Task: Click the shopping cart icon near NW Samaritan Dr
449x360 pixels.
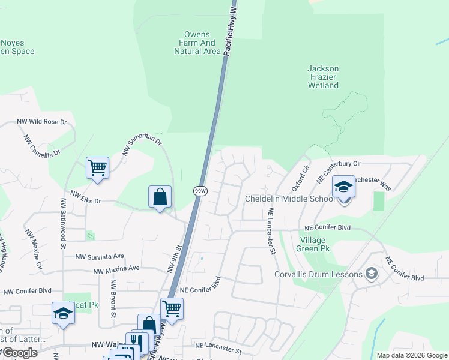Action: pyautogui.click(x=97, y=168)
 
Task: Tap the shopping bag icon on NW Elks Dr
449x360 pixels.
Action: pyautogui.click(x=160, y=196)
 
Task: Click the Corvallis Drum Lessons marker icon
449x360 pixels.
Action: pyautogui.click(x=372, y=274)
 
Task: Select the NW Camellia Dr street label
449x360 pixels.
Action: pyautogui.click(x=42, y=146)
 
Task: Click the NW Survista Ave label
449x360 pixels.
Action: pyautogui.click(x=99, y=256)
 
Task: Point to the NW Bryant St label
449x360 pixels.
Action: pyautogui.click(x=113, y=297)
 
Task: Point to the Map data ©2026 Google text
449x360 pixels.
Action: pyautogui.click(x=411, y=355)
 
